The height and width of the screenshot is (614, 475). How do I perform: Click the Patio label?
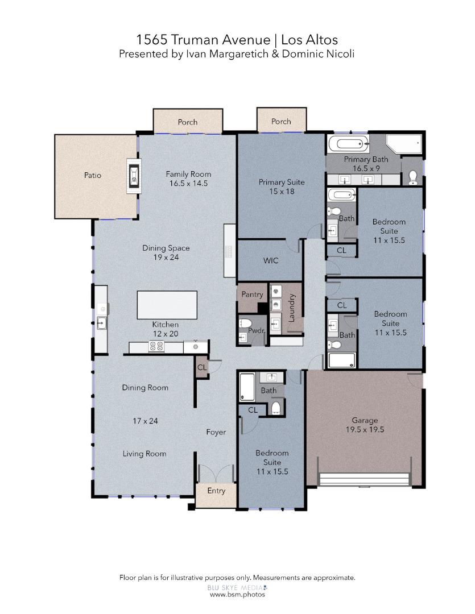[x=93, y=175]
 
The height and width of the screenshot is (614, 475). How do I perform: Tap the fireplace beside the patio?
[x=134, y=176]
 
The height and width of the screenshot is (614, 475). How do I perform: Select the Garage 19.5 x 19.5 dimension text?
[x=365, y=430]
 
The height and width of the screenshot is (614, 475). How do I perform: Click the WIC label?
[x=271, y=260]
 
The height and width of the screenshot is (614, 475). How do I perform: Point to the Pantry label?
[x=252, y=294]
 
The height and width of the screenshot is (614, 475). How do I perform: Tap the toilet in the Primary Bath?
[x=413, y=177]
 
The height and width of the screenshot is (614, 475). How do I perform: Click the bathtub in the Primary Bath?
[x=348, y=144]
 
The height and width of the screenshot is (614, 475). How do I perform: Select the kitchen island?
[x=167, y=305]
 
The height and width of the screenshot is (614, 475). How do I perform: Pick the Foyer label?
[x=216, y=432]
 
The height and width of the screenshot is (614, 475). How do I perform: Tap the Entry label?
[x=216, y=491]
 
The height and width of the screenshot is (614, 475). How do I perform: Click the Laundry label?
[x=291, y=308]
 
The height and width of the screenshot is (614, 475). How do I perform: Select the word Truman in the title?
[x=195, y=40]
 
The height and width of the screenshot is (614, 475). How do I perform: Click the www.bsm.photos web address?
[x=237, y=595]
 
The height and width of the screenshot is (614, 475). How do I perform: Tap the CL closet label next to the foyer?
[x=202, y=367]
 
